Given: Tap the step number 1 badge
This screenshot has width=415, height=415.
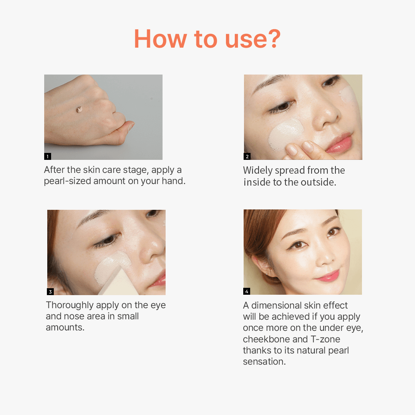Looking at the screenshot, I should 48,156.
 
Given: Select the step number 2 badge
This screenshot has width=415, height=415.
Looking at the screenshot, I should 247,156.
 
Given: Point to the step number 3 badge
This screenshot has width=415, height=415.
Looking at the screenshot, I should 50,292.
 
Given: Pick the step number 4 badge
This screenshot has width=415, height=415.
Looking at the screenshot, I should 247,292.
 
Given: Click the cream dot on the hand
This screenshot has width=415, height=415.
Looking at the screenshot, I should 79,110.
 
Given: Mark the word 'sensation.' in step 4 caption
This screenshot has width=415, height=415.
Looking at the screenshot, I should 264,362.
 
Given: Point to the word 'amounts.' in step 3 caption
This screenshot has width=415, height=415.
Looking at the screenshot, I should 65,327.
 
